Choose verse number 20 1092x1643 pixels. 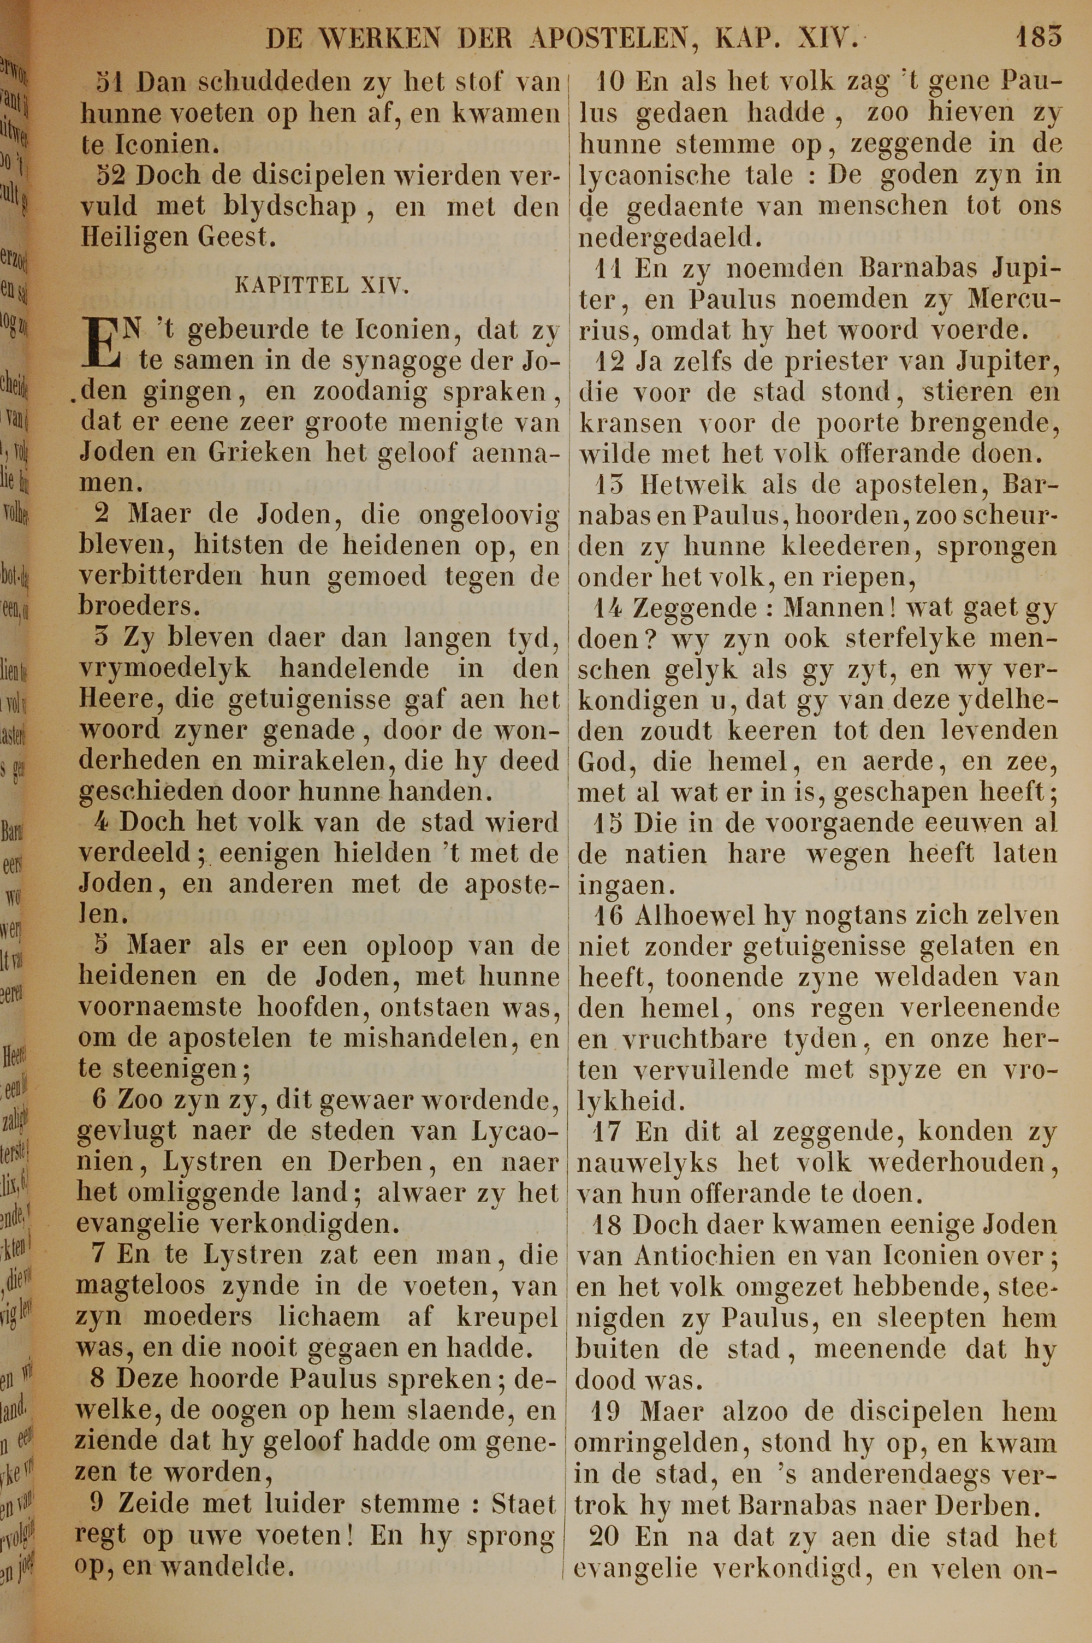(x=604, y=1536)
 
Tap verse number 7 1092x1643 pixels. (x=98, y=1254)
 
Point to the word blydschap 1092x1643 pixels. (x=289, y=208)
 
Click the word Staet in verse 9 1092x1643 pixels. (x=523, y=1503)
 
